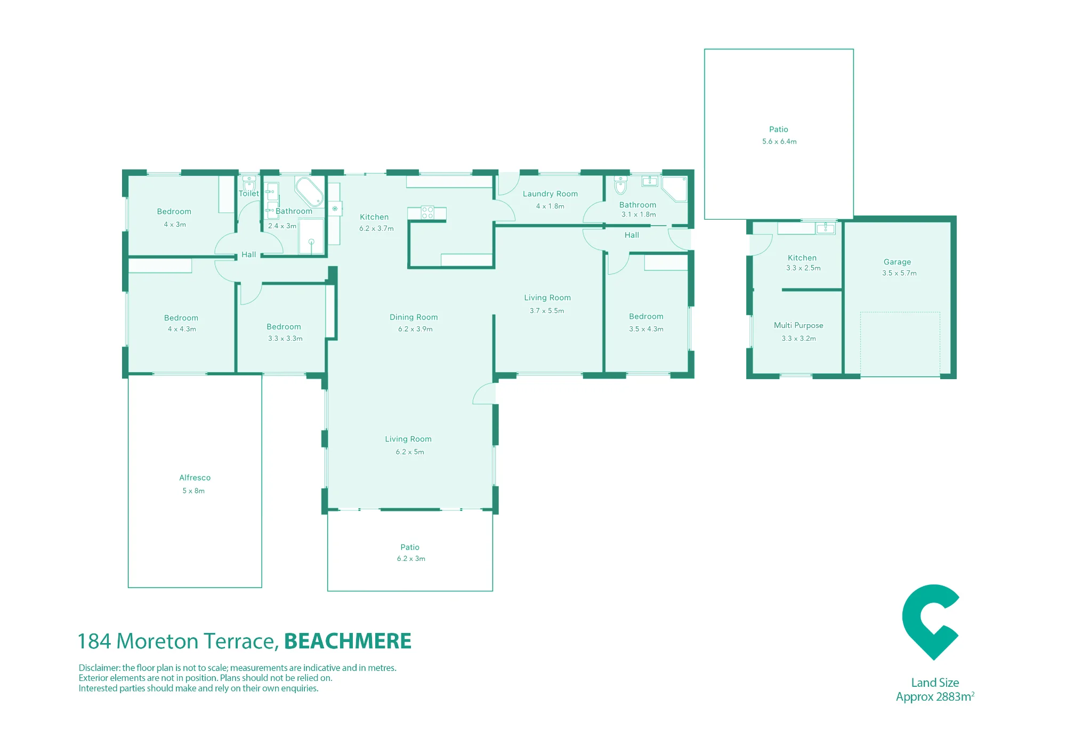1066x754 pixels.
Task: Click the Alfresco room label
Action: point(195,478)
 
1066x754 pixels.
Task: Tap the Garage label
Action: point(897,262)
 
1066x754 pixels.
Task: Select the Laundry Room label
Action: point(550,194)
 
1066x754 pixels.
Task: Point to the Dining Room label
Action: point(414,317)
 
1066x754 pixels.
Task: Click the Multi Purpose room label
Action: point(798,325)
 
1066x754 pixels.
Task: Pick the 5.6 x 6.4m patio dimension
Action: point(779,141)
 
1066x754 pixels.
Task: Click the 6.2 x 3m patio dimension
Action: point(411,559)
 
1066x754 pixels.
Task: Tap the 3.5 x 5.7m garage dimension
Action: point(899,273)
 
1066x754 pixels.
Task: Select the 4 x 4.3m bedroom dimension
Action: point(182,329)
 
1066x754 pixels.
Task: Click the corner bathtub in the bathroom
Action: point(309,191)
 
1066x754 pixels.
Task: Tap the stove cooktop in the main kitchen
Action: point(427,213)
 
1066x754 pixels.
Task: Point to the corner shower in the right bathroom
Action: point(675,189)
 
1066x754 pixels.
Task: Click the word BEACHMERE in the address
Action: point(348,641)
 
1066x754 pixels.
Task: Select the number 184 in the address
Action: point(94,641)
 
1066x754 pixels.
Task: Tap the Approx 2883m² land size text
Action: point(935,697)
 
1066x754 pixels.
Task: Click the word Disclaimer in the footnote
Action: point(99,668)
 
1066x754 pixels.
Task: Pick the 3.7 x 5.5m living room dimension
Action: point(547,311)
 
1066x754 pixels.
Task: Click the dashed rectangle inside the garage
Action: point(900,344)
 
